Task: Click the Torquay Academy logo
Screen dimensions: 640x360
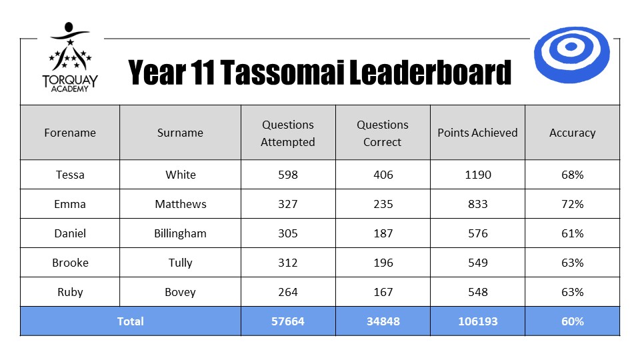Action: [70, 57]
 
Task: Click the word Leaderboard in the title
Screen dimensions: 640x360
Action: [430, 72]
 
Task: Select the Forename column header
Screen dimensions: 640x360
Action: [70, 133]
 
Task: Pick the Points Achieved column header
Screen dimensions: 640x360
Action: [477, 133]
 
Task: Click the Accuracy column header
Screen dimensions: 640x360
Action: [572, 133]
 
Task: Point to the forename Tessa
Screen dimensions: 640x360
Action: [70, 175]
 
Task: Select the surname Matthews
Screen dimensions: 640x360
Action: [181, 204]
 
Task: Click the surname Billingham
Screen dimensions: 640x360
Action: [180, 233]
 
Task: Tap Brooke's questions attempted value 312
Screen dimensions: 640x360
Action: [288, 263]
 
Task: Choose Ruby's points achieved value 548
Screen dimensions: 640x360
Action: [477, 292]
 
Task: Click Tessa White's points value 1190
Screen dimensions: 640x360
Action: [478, 175]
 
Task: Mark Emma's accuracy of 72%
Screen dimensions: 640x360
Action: [572, 204]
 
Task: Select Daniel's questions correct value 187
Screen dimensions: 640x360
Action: [383, 233]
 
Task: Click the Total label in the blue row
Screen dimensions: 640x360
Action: [130, 321]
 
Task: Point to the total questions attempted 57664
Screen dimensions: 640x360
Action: [288, 321]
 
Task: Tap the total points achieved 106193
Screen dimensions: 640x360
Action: [478, 321]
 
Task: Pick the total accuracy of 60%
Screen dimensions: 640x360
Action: [572, 321]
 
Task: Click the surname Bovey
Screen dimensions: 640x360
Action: [180, 292]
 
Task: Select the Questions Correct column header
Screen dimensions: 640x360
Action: [383, 133]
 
